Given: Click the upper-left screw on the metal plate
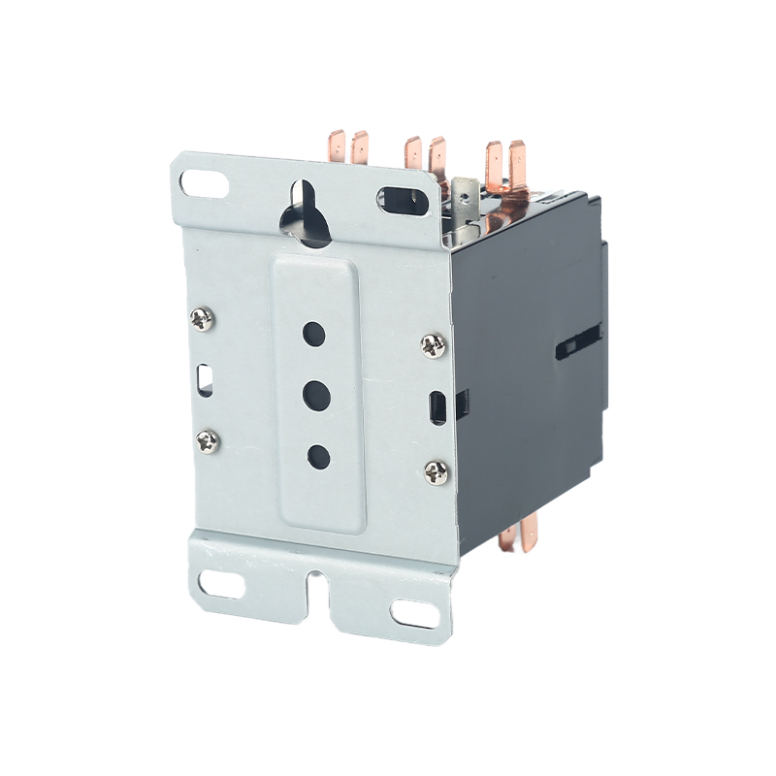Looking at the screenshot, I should pos(202,318).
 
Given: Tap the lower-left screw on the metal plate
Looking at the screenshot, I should pos(208,441).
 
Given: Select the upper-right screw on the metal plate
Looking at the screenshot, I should pos(433,344).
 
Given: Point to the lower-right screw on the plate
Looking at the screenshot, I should pos(436,472).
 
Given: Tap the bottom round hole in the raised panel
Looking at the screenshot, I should pos(317,455).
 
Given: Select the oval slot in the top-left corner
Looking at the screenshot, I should pos(205,181).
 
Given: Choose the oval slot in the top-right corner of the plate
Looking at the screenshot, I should pos(402,199).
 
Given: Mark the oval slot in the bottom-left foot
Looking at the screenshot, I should pos(222,583).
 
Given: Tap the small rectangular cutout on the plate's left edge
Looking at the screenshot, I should pos(206,377).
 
